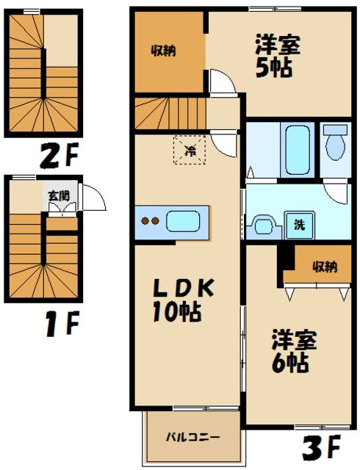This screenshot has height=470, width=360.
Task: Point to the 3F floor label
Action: pos(322,445)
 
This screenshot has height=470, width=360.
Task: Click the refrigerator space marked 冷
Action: pos(190,152)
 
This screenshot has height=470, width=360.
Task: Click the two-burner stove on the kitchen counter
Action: pos(151,220)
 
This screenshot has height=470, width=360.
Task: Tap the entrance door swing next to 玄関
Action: pos(93,198)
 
